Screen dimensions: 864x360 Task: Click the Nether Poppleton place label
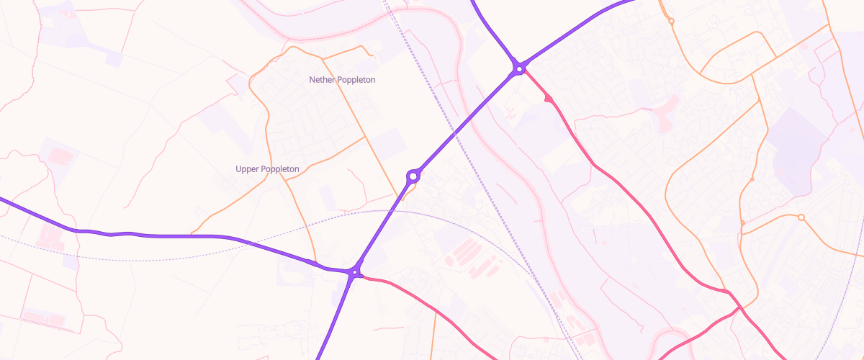click(x=342, y=80)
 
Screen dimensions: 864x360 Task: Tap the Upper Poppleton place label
click(x=267, y=169)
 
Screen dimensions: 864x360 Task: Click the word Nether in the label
click(x=322, y=80)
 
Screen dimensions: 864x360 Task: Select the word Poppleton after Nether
click(x=356, y=80)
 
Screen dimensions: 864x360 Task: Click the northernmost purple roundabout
click(x=518, y=69)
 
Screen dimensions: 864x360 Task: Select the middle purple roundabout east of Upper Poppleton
click(x=413, y=175)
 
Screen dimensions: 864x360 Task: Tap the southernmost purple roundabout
click(x=354, y=272)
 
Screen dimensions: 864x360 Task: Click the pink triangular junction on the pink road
click(x=549, y=99)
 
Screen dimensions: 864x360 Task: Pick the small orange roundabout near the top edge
click(x=671, y=22)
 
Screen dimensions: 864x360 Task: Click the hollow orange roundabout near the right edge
click(x=801, y=217)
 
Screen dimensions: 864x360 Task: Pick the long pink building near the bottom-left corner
click(x=36, y=315)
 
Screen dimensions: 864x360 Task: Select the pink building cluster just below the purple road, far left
click(x=50, y=235)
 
